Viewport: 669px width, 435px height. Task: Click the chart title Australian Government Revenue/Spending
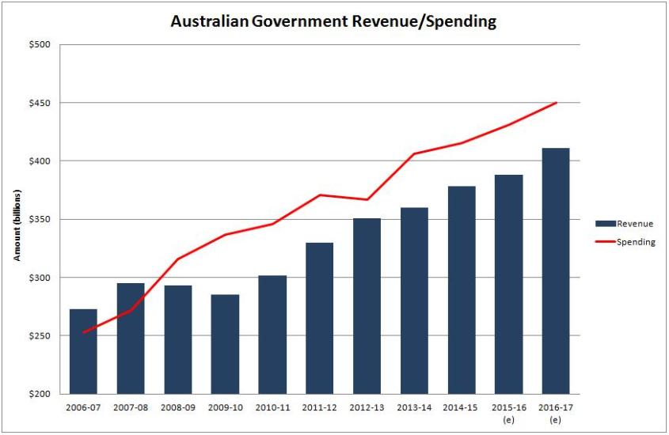click(333, 21)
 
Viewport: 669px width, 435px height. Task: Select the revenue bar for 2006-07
click(83, 351)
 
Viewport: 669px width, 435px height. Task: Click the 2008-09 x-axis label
click(178, 407)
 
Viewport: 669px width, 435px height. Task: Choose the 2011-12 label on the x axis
click(319, 407)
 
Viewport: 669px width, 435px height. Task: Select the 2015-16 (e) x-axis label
click(508, 412)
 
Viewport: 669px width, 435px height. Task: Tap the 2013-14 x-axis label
click(414, 407)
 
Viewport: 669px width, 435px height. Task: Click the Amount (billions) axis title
click(17, 225)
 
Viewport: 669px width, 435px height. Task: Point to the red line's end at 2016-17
click(556, 103)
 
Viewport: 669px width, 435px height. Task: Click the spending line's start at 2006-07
click(83, 332)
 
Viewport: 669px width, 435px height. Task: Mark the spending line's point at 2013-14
click(414, 153)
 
